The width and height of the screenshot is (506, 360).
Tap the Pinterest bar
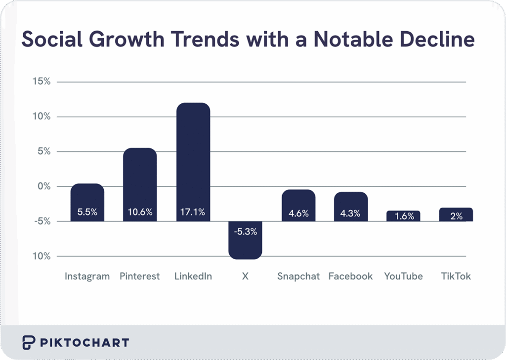pos(140,178)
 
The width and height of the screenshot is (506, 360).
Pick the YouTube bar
pos(403,216)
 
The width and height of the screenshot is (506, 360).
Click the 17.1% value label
pos(193,213)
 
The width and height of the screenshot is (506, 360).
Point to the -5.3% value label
pos(245,231)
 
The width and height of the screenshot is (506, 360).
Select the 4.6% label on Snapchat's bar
pos(298,214)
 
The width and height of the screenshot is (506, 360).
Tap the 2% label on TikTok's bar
pos(456,216)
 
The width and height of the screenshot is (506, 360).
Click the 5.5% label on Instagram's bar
pos(87,213)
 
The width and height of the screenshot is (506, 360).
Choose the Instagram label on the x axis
pos(87,276)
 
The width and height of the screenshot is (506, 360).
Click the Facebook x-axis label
pos(350,276)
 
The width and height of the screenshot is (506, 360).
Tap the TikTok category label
pos(456,276)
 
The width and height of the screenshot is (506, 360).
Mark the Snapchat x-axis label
pos(298,276)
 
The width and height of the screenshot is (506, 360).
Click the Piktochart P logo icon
pos(29,342)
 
